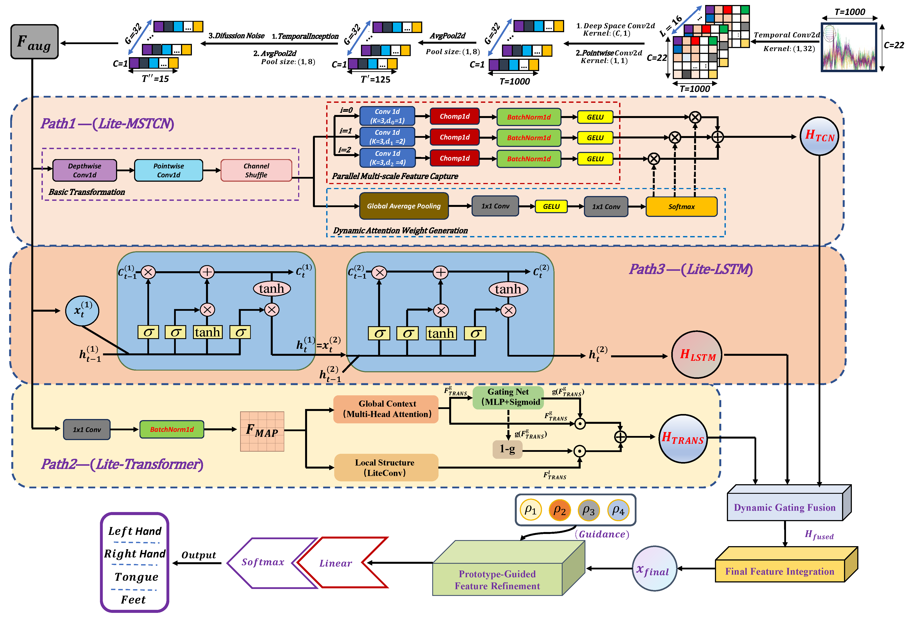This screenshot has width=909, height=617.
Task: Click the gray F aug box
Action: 34,42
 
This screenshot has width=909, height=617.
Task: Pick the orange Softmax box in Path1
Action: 681,207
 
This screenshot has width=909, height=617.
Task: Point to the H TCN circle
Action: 819,136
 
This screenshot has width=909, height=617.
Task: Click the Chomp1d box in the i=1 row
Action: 455,137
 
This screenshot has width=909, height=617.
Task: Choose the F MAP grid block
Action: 262,431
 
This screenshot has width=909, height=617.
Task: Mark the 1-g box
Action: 507,449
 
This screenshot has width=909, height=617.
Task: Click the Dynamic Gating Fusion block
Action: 785,507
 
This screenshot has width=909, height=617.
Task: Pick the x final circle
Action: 654,569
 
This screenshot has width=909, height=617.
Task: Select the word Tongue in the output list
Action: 136,577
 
